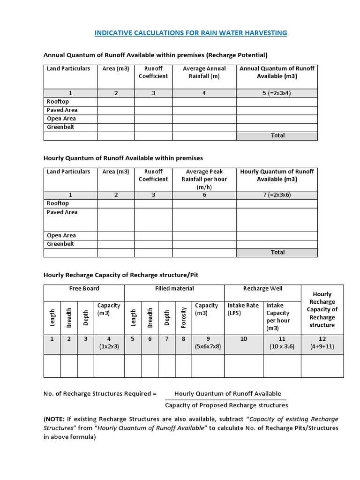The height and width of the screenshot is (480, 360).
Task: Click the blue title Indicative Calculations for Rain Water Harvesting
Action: pos(190,33)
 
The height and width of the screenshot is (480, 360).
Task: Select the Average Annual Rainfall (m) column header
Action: pos(204,72)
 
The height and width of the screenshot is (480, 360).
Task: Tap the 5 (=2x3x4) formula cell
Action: pos(277,93)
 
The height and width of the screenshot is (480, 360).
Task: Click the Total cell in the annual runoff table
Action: pos(277,135)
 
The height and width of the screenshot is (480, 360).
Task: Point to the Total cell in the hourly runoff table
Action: pos(277,252)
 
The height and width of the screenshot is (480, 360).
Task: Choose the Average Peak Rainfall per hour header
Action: pos(204,179)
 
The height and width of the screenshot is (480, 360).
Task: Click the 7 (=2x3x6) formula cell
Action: pos(277,195)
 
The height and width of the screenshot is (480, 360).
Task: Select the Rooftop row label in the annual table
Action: pos(58,101)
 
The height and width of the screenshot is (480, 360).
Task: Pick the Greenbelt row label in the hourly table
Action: pos(60,244)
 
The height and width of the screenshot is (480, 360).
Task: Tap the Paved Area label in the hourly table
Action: pos(62,212)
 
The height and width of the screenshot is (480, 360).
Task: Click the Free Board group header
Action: pos(84,289)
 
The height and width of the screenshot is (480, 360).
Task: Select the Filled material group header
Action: pos(174,289)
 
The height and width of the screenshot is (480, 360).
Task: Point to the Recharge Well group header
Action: pos(262,289)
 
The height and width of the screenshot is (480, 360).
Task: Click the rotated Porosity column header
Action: pos(184,317)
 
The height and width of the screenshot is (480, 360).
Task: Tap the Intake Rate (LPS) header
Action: pos(243,309)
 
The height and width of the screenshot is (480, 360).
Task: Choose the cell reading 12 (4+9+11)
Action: pos(322,343)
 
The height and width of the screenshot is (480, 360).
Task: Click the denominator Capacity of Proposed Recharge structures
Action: pos(227,405)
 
